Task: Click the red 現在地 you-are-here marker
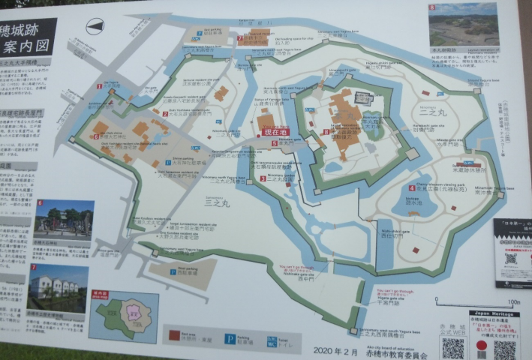tap(275, 132)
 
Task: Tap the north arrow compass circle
tap(95, 27)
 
